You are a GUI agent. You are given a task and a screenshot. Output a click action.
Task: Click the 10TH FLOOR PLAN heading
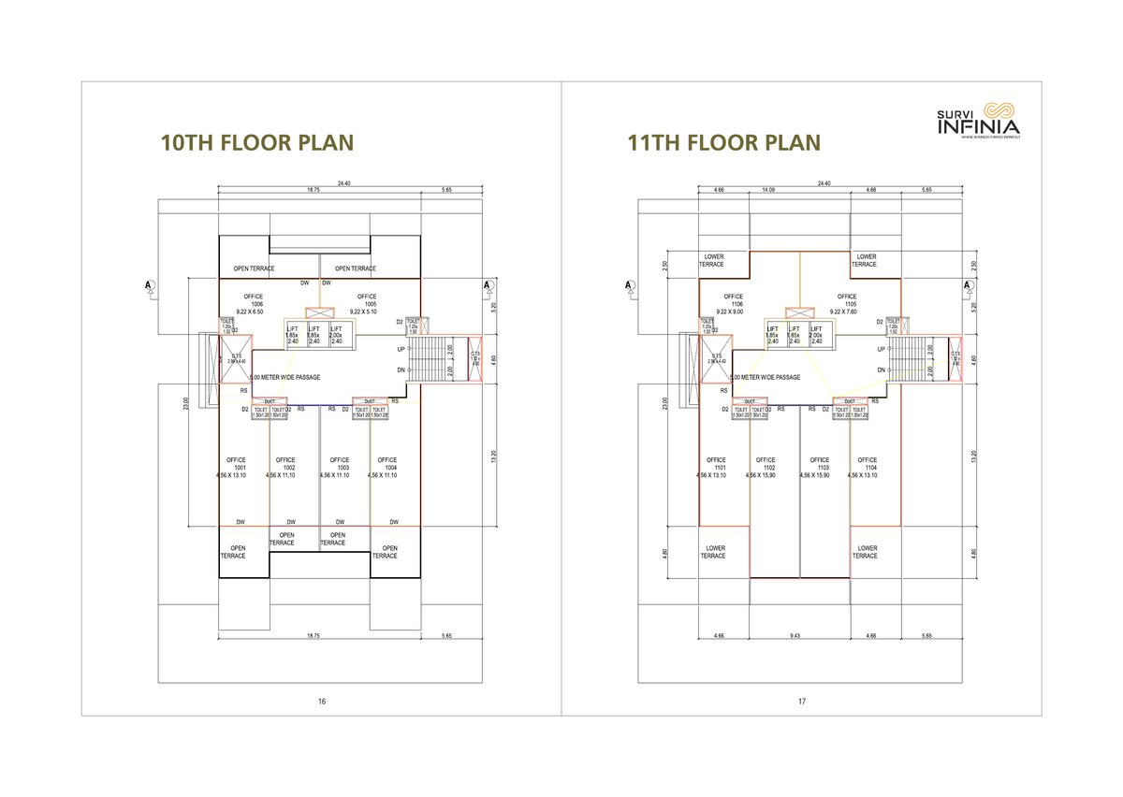(257, 142)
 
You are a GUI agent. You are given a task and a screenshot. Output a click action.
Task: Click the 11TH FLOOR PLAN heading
(724, 142)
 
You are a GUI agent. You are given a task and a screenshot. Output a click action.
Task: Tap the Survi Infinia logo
(979, 121)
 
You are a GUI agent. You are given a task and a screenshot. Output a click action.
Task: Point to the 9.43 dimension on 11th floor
(795, 636)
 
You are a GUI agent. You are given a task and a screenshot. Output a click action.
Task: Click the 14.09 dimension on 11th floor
(768, 190)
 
